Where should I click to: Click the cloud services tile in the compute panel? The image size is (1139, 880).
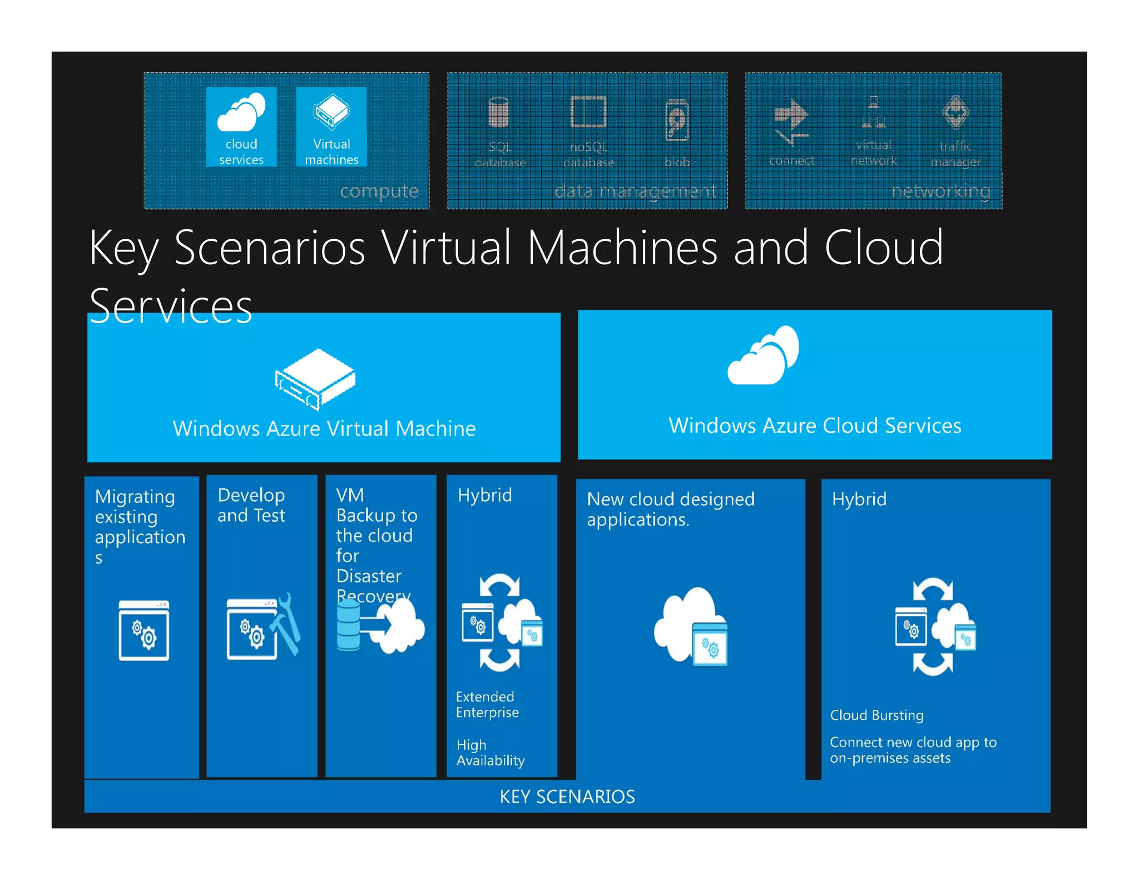tap(241, 126)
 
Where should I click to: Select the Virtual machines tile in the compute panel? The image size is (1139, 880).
tap(331, 126)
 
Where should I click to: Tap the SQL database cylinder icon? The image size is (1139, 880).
tap(499, 112)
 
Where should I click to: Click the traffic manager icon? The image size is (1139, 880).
tap(955, 112)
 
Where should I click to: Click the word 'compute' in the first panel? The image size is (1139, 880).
tap(379, 191)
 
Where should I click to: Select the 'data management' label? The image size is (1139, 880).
tap(635, 191)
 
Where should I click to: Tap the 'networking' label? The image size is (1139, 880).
tap(940, 191)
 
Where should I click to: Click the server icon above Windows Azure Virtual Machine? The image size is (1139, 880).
tap(315, 379)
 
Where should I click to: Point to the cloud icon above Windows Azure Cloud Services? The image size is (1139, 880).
tap(763, 355)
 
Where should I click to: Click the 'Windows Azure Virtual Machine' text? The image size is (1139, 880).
tap(324, 428)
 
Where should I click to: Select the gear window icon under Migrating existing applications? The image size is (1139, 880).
tap(143, 630)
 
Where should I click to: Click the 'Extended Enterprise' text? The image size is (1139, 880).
tap(487, 704)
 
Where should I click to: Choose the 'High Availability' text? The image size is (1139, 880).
tap(490, 753)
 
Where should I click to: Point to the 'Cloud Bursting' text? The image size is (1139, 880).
tap(876, 715)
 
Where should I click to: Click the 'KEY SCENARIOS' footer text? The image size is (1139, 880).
tap(567, 797)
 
